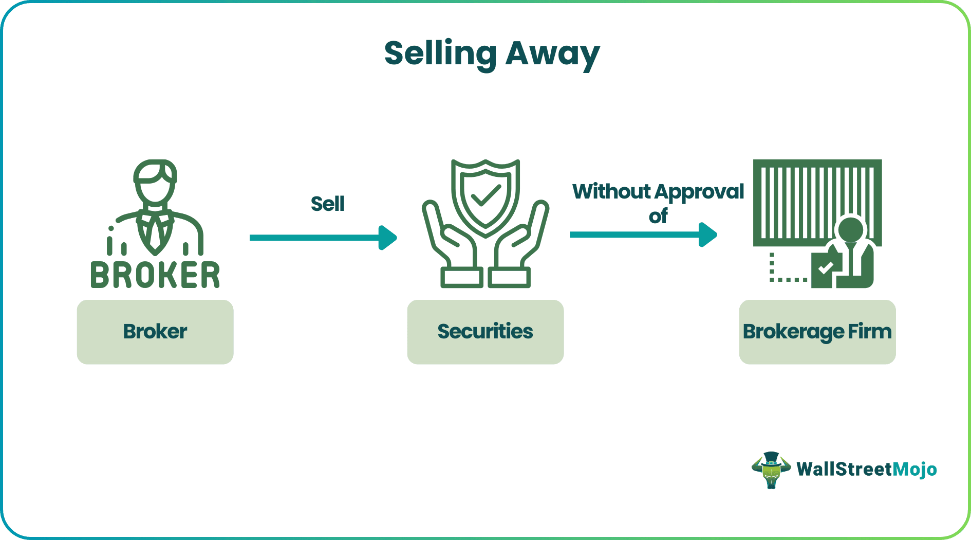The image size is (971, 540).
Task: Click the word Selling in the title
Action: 440,53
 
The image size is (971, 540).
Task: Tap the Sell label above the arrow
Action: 327,204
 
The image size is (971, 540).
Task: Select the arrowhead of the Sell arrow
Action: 388,238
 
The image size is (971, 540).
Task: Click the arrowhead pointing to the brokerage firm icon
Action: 708,235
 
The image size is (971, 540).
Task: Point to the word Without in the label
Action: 611,191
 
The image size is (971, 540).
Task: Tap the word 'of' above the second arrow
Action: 658,216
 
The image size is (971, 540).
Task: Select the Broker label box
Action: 155,332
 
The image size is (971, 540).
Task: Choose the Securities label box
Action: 485,332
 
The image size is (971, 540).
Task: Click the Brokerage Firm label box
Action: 817,332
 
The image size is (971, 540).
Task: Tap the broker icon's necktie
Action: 155,234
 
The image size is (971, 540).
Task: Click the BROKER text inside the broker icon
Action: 155,275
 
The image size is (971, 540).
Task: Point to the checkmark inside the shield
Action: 485,195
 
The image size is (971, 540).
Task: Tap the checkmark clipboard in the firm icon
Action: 825,269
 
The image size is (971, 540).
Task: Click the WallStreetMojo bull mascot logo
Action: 771,470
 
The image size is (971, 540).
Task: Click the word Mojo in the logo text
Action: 914,470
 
